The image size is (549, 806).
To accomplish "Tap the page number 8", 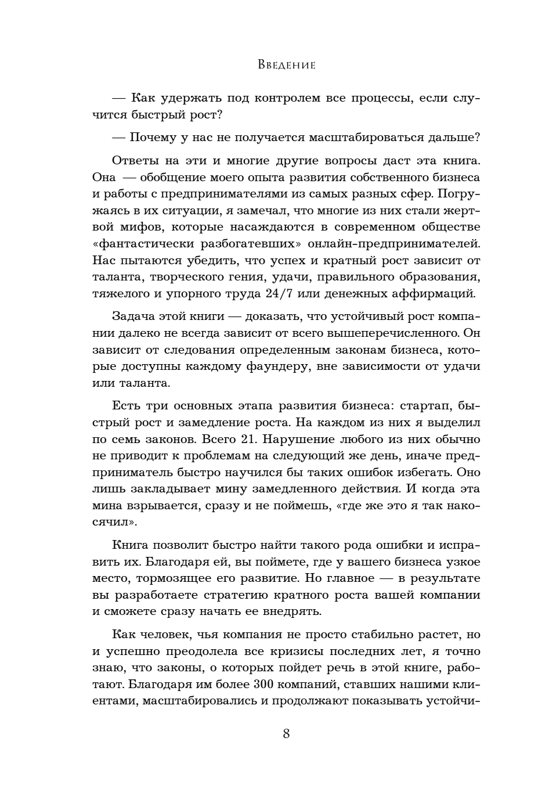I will click(x=286, y=733).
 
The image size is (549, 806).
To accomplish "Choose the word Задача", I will click(x=133, y=317).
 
